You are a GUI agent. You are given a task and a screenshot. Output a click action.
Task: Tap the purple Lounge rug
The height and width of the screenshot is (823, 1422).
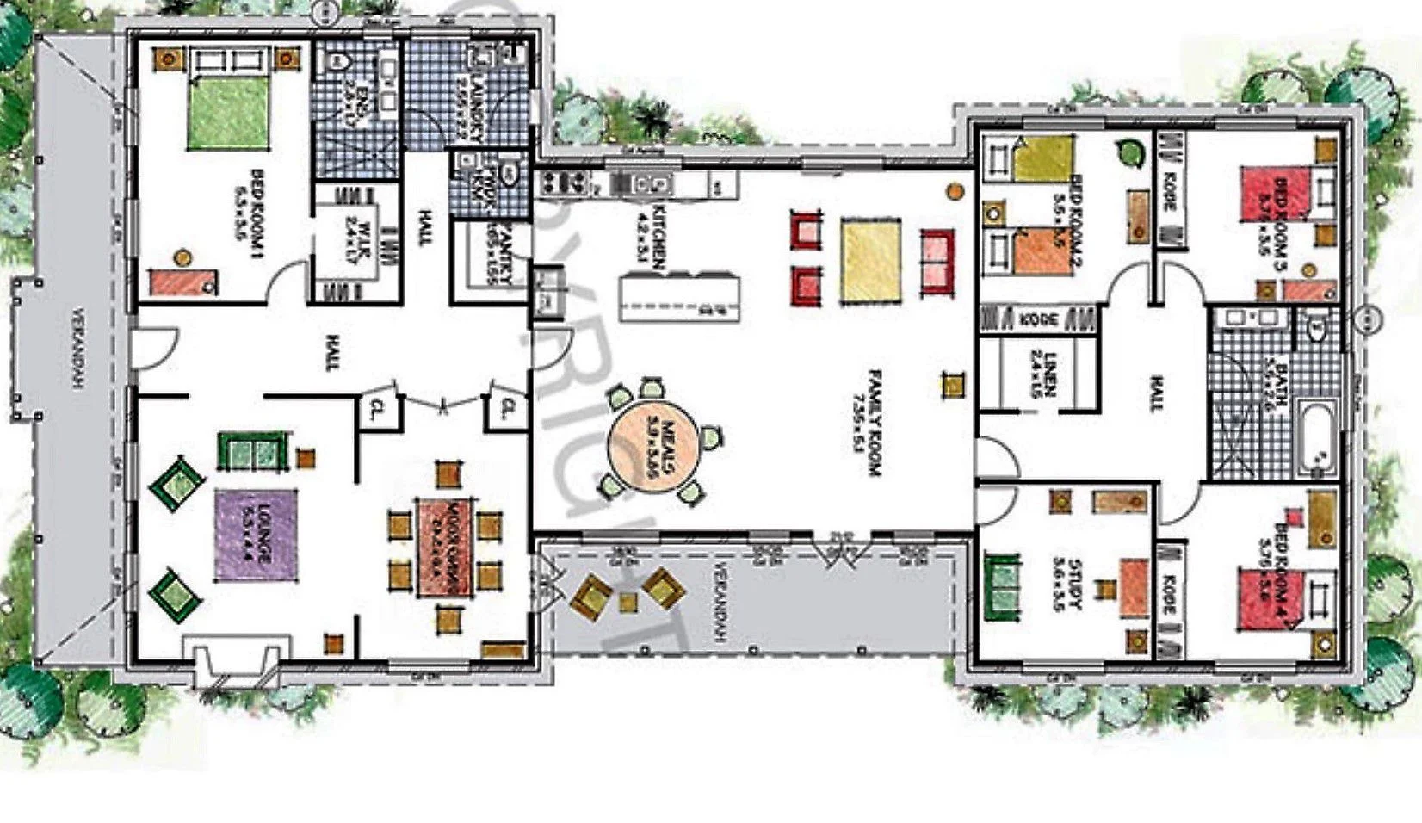click(257, 535)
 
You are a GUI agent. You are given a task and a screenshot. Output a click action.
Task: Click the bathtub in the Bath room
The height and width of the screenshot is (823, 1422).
click(1316, 440)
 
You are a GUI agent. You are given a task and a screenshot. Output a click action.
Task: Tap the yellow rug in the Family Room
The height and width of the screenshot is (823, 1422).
click(871, 260)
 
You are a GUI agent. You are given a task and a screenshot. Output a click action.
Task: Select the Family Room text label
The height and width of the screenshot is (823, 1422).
click(873, 422)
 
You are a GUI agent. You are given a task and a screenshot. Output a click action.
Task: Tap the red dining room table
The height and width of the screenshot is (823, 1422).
click(444, 548)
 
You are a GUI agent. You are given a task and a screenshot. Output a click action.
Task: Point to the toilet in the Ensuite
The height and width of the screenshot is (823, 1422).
click(337, 61)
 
